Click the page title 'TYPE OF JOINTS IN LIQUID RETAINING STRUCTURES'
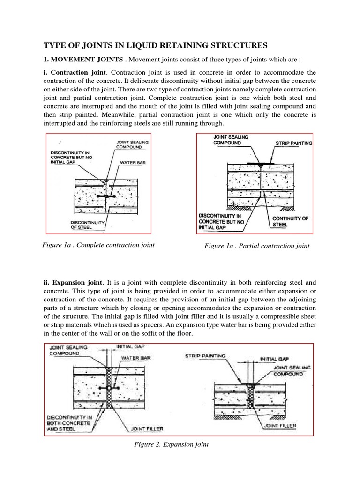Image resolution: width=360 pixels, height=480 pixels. click(x=155, y=45)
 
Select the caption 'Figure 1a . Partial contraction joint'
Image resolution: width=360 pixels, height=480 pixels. click(x=257, y=246)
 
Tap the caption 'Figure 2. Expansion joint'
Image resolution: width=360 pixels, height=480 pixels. click(x=171, y=444)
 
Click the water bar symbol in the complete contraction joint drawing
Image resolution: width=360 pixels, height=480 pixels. click(x=106, y=196)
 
